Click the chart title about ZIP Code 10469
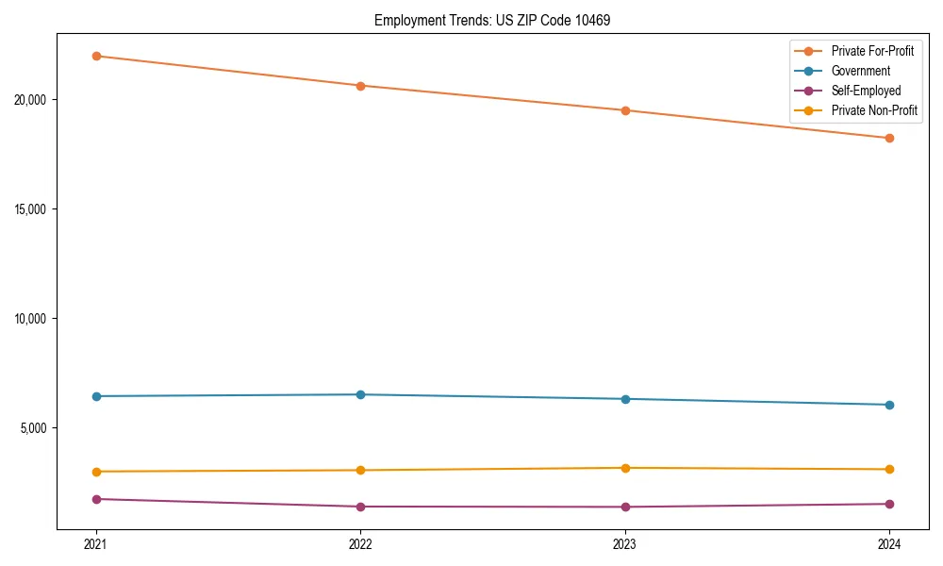tap(492, 20)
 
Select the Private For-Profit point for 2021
tap(96, 56)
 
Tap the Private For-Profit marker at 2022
tap(360, 86)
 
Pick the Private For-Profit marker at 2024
tap(889, 138)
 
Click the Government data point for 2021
tap(96, 396)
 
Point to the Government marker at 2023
tap(625, 399)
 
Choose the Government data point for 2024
tap(889, 405)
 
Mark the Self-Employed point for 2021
tap(96, 499)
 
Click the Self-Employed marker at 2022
tap(360, 507)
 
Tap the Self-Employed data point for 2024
tap(889, 504)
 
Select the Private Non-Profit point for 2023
tap(625, 468)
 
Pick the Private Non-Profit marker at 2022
tap(360, 470)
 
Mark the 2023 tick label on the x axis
tap(625, 543)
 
